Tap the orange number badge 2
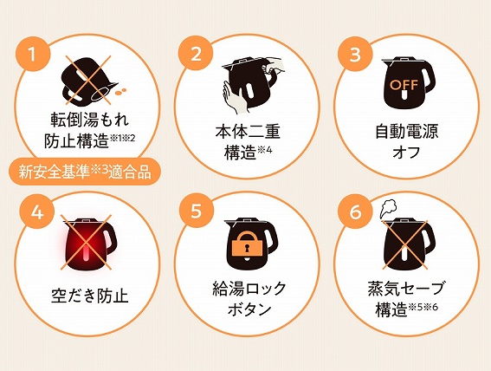coord(196,53)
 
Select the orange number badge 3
coord(355,55)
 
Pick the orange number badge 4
coord(37,212)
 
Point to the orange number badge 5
coord(196,211)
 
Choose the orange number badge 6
coord(355,212)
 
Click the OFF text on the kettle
coord(404,85)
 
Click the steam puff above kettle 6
coord(388,210)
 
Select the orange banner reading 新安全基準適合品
coord(85,172)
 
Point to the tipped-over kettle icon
coord(88,81)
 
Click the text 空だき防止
coord(90,296)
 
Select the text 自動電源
coord(407,132)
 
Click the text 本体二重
coord(248,132)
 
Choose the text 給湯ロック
coord(249,289)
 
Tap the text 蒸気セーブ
coord(406,289)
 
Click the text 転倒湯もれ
coord(90,120)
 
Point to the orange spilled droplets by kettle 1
coord(120,92)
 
